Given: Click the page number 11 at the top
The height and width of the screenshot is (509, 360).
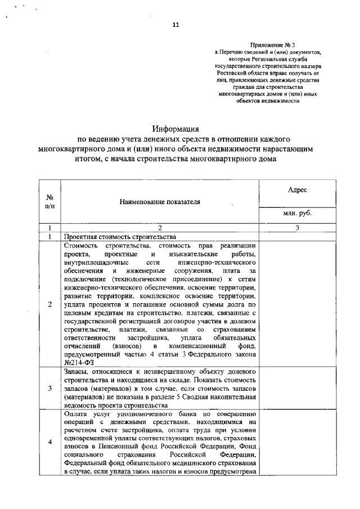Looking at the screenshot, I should [x=176, y=25].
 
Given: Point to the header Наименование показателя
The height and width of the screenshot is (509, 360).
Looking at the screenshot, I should [x=160, y=201].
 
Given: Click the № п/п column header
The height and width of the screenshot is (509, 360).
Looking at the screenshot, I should [x=49, y=201].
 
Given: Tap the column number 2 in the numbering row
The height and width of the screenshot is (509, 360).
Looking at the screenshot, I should [x=160, y=228].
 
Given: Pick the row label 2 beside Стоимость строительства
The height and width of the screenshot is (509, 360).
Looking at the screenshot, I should [x=49, y=304].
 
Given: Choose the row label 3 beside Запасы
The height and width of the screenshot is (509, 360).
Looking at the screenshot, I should [x=49, y=388].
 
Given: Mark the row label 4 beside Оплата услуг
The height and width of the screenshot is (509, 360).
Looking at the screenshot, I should [x=49, y=442].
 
